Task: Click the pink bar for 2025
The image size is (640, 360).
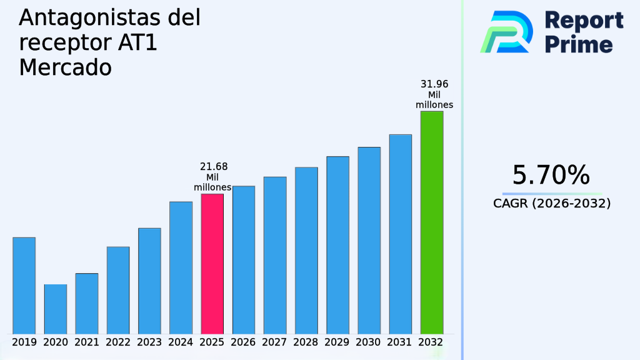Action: (212, 263)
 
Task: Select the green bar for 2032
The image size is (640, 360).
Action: (431, 222)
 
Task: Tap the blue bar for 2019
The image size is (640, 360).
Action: (24, 285)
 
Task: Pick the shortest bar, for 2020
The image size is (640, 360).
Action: (55, 309)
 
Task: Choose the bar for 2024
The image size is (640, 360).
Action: (181, 267)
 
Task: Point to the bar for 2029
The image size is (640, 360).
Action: (337, 244)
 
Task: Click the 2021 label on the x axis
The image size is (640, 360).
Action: (87, 342)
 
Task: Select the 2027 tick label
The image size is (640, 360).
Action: (275, 342)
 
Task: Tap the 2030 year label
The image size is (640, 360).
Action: (369, 342)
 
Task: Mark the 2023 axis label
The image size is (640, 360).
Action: (149, 342)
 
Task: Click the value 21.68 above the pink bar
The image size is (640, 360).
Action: (213, 167)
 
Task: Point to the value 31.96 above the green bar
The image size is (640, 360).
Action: (434, 84)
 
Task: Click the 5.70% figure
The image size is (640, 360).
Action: (551, 175)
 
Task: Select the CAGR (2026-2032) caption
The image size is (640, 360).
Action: (551, 204)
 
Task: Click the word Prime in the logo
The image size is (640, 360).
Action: (579, 44)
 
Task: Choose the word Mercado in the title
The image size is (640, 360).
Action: (65, 67)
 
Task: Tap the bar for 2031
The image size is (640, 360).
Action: (400, 234)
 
